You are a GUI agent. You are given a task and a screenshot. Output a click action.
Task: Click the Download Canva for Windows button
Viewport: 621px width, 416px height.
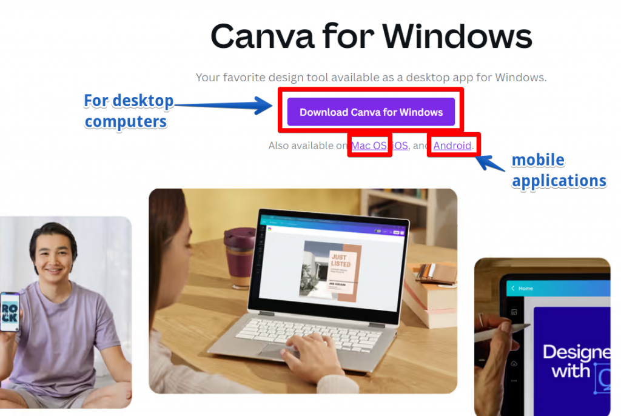[371, 112]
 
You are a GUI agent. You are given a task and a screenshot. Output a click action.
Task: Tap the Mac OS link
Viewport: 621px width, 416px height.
[369, 146]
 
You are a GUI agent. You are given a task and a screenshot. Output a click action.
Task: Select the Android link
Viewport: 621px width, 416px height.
[452, 146]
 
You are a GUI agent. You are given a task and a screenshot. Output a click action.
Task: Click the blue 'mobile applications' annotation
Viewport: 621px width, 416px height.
[559, 170]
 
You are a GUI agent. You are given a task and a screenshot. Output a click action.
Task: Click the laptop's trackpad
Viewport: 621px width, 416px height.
[280, 351]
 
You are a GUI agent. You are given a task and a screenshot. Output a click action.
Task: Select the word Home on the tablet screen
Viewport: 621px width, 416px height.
[525, 289]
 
